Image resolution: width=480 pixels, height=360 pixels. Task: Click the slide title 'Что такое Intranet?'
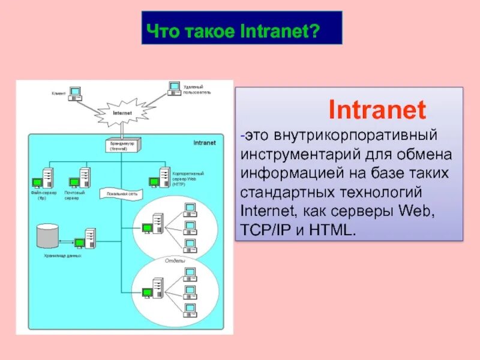pyautogui.click(x=241, y=28)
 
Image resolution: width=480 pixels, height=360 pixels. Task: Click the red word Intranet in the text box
pyautogui.click(x=377, y=110)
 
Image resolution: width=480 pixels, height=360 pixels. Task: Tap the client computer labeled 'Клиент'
pyautogui.click(x=74, y=93)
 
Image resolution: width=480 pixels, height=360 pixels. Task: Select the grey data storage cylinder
pyautogui.click(x=47, y=236)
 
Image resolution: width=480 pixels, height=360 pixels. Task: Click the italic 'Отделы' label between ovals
pyautogui.click(x=175, y=262)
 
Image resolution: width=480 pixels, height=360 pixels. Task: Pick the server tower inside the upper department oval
pyautogui.click(x=157, y=224)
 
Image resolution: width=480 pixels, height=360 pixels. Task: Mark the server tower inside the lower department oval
pyautogui.click(x=157, y=289)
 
